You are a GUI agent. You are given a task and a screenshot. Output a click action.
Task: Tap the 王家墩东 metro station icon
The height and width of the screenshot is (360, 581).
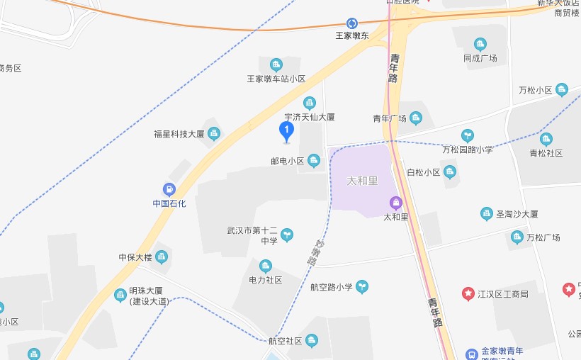point(352,23)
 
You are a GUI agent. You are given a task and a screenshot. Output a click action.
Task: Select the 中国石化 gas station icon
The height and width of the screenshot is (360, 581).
point(169,189)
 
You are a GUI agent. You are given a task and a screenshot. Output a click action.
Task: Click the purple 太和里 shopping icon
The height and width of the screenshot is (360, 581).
point(396,203)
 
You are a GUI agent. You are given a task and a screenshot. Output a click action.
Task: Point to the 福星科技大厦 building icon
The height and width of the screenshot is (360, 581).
point(214,133)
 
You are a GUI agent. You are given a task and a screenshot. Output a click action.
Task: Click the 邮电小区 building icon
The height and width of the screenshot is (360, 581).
point(314,161)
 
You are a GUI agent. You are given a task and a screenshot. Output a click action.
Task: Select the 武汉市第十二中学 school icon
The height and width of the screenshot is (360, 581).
point(287,235)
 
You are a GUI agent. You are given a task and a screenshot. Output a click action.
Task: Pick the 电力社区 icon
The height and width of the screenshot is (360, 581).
point(266,266)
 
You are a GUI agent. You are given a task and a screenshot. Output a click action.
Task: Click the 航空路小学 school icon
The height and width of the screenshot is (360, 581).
point(362,286)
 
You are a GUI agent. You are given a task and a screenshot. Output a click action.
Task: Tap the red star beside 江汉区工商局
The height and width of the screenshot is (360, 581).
point(468,293)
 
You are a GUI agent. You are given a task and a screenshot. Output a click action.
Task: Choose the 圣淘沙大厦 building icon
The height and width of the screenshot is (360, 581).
point(486,213)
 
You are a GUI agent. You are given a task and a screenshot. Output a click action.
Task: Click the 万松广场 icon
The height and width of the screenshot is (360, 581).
point(517,237)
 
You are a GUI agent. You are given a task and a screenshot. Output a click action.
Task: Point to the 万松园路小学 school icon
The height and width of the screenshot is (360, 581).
point(468,135)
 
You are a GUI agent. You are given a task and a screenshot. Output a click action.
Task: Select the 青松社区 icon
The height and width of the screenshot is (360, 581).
point(546,138)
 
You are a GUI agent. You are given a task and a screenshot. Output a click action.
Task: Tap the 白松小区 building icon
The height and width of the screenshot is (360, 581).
point(450,171)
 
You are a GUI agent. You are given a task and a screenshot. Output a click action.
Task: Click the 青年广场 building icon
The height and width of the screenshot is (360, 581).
point(416,118)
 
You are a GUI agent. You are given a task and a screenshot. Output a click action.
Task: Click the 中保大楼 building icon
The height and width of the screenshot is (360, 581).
point(162,257)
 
